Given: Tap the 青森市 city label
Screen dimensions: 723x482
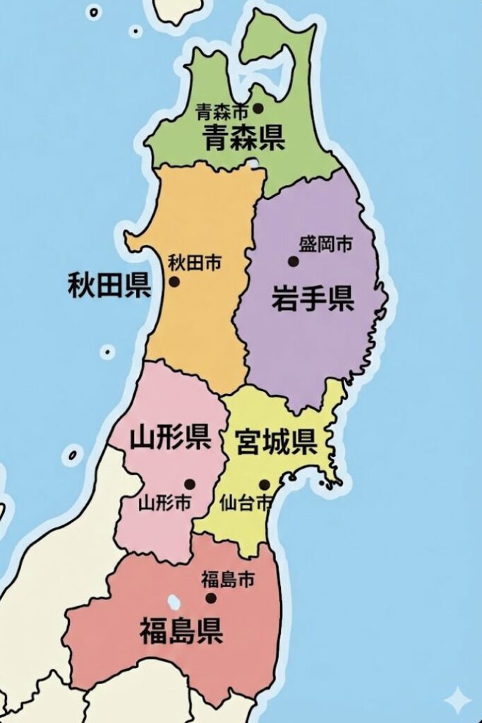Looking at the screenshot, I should (x=222, y=111).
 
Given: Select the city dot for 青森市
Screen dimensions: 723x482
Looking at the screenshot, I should (x=258, y=108).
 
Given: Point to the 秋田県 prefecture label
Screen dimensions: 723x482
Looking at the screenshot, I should (x=109, y=285).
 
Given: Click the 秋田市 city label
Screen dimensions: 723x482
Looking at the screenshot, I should (x=194, y=263).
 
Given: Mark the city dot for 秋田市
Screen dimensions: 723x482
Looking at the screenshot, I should (x=174, y=281).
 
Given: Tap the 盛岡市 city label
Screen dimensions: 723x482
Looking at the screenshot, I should (x=325, y=245).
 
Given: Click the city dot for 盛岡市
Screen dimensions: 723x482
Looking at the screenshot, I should (x=293, y=261).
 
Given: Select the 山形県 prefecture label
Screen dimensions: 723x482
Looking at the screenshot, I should (x=170, y=438).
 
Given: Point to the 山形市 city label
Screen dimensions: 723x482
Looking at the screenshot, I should (x=164, y=503).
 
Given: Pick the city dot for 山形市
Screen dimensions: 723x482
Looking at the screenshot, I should (x=189, y=484).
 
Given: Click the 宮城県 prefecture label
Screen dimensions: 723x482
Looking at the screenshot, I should (x=275, y=443).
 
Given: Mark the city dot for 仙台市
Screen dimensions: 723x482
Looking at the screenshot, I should (x=264, y=485).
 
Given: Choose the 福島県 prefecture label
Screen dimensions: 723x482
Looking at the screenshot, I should (x=181, y=630).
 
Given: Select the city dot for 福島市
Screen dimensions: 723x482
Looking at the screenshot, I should (x=210, y=598).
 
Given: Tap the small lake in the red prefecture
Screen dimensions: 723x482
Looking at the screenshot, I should (x=173, y=602).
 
